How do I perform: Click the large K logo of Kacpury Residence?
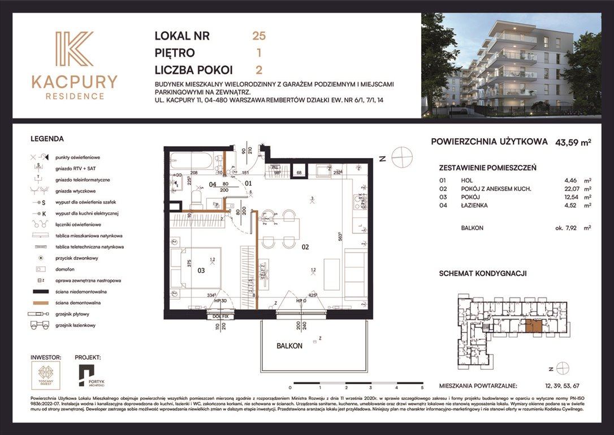pyautogui.click(x=74, y=50)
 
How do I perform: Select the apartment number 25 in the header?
pyautogui.click(x=259, y=36)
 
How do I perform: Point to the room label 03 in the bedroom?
pyautogui.click(x=201, y=271)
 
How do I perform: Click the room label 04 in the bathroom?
pyautogui.click(x=213, y=184)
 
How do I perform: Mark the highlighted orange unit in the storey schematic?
pyautogui.click(x=533, y=325)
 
